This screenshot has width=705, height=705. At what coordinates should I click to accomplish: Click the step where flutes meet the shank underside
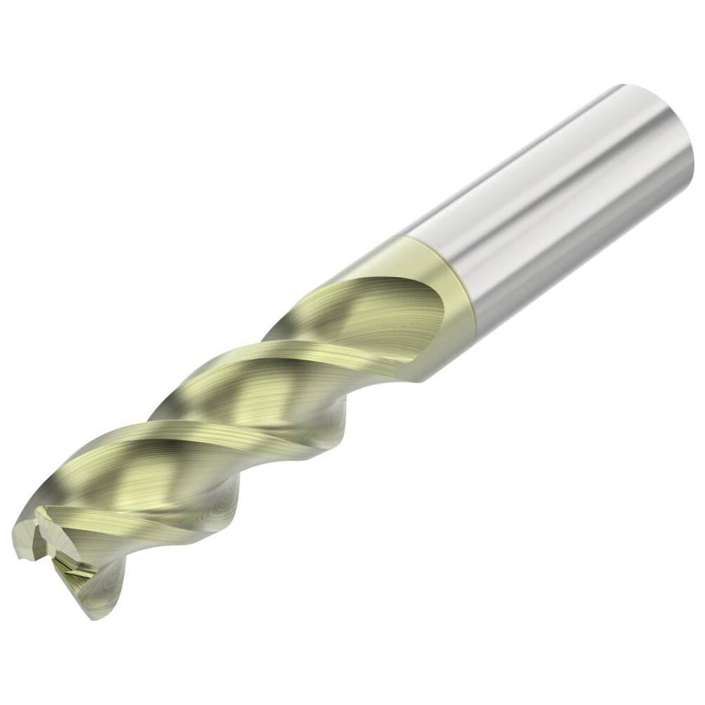[423, 374]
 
